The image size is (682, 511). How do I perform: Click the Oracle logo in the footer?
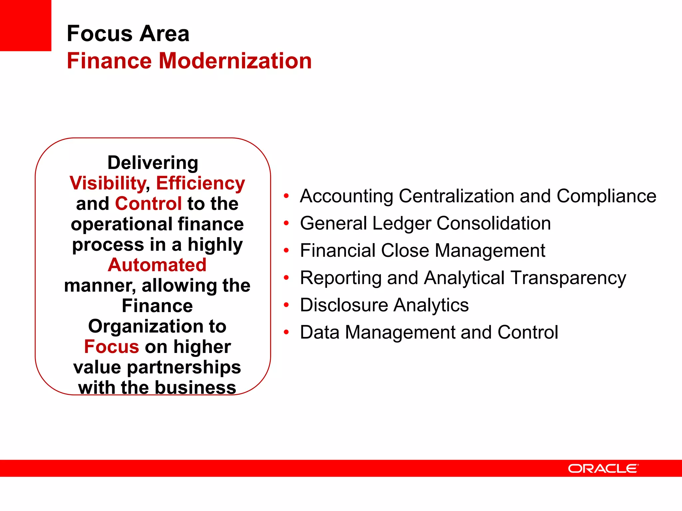coord(603,468)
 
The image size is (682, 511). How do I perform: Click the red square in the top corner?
coord(25,25)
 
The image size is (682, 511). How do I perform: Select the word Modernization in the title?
coord(235,61)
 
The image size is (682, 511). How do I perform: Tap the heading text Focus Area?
coord(128,34)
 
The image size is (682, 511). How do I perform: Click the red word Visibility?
coord(107,183)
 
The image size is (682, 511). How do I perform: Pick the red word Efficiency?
coord(200,183)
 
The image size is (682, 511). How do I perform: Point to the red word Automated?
coord(157,265)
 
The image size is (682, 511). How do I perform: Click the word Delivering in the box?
coord(153,163)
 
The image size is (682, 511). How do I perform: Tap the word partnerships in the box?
coord(184,367)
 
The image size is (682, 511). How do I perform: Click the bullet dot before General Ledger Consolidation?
coord(286,223)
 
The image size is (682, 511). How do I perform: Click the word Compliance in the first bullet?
coord(606,196)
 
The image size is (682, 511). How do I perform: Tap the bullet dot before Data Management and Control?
coord(286,332)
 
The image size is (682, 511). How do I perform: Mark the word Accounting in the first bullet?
coord(346,196)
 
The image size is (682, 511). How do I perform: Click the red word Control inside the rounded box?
coord(148,204)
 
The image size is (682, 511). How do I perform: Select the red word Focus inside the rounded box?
coord(112,347)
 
